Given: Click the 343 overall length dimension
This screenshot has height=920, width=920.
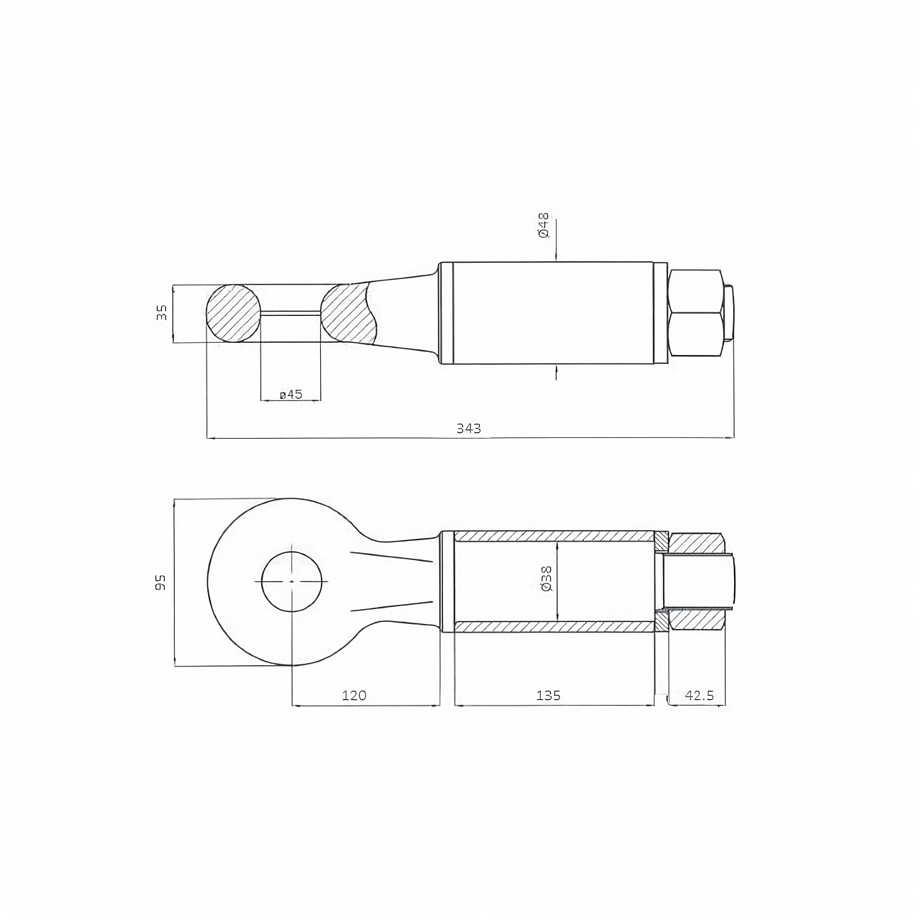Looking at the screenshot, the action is click(469, 428).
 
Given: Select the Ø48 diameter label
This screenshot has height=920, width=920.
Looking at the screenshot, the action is click(544, 226).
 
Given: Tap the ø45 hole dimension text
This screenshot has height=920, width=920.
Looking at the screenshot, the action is click(291, 395).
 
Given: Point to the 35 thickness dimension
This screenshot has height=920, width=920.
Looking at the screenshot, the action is click(162, 312).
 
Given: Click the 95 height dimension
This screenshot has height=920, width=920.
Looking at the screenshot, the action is click(160, 582).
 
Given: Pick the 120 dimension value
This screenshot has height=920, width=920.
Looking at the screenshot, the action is click(354, 695).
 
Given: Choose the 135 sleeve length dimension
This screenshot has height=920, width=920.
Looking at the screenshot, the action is click(547, 695).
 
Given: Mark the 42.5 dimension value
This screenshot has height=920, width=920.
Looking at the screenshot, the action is click(699, 695).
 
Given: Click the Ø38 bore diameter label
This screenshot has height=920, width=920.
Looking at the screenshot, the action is click(547, 579).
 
